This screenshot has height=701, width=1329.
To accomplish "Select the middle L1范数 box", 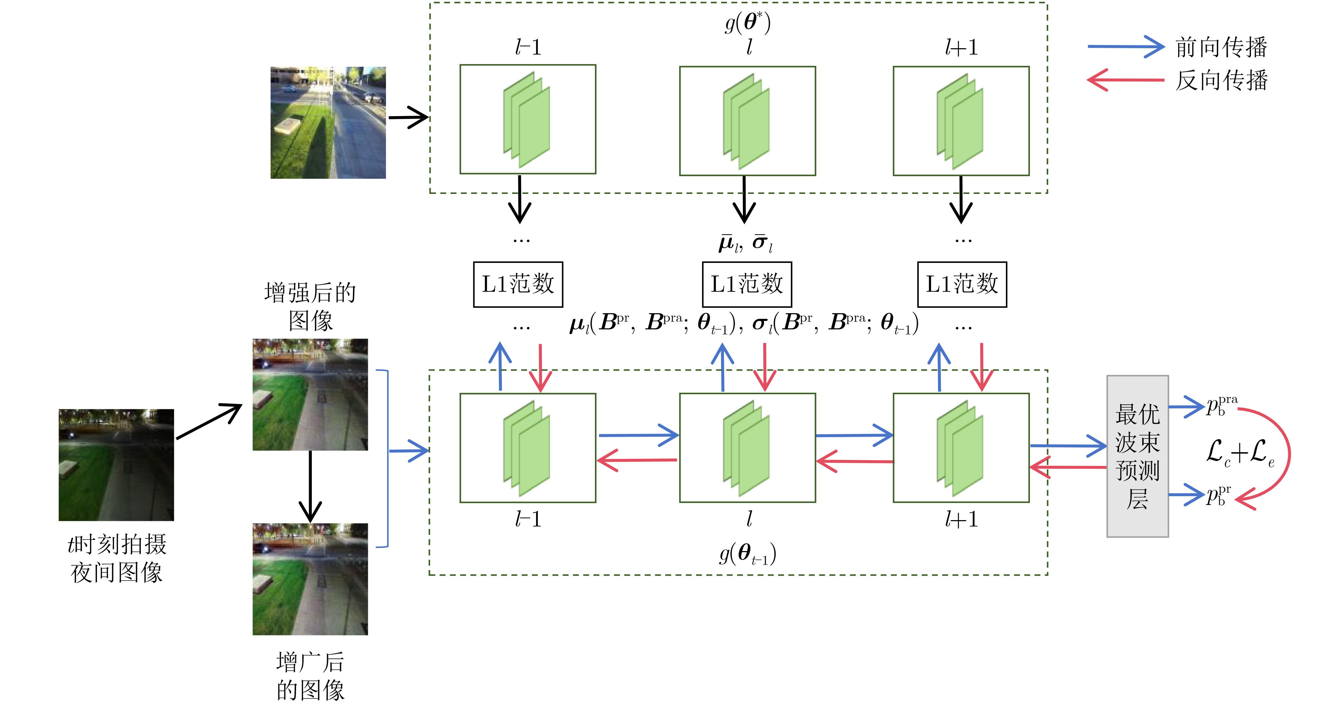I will coord(746,284).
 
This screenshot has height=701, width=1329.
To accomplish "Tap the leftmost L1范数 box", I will coord(518,284).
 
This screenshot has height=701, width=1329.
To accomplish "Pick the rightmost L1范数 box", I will coord(962,284).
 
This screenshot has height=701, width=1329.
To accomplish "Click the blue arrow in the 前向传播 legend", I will coord(1125,46).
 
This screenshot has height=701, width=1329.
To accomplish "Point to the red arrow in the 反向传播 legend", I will coord(1125,80).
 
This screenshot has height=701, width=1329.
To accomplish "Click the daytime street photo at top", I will coord(328,122).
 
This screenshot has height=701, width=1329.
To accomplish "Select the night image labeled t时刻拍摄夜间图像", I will coord(116,465).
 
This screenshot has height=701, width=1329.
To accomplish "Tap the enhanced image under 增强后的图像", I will coord(310,394).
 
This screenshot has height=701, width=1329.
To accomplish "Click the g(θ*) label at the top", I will coord(747,23).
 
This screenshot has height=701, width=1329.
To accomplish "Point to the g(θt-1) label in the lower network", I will coord(747,554).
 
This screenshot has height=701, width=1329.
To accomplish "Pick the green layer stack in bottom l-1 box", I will coord(527,448).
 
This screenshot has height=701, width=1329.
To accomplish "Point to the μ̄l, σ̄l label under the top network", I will coord(745,242).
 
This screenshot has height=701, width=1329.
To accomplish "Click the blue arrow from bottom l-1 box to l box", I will coord(638,435).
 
